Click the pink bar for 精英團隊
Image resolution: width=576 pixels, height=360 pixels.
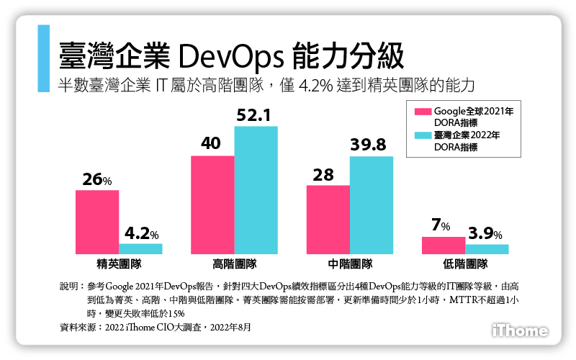click(97, 222)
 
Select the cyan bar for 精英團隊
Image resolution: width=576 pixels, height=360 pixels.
click(141, 248)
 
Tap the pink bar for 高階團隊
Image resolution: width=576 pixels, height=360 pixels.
click(212, 204)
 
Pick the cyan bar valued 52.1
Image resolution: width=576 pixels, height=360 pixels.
click(256, 190)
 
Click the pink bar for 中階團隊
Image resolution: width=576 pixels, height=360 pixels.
click(328, 219)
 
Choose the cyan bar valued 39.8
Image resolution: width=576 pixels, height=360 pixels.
click(372, 204)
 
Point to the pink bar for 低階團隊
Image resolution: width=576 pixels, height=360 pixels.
click(444, 245)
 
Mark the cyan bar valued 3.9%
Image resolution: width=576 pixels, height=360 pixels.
click(487, 249)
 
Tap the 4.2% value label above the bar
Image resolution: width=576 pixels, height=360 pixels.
click(141, 233)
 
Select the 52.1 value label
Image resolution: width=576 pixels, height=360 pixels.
click(256, 115)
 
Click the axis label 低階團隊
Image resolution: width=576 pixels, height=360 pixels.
click(466, 264)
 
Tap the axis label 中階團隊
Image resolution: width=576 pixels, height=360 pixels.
click(350, 264)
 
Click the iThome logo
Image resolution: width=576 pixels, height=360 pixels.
click(520, 330)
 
